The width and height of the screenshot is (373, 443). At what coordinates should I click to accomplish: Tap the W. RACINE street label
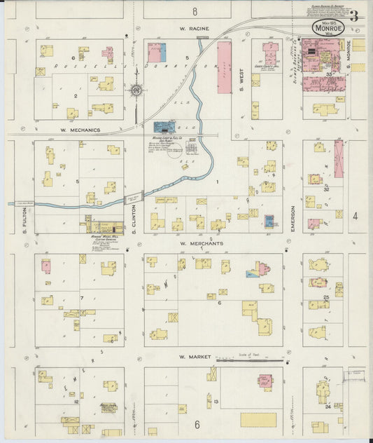coord(194,29)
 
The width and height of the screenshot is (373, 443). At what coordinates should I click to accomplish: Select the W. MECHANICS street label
coord(80,130)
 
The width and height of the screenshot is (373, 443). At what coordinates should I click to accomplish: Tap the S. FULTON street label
coord(24,219)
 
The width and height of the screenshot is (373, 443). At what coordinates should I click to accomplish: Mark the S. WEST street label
coord(242,77)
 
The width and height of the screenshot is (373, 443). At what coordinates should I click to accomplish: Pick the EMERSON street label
coord(293,219)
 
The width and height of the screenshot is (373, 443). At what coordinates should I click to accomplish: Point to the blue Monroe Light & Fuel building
coord(164,127)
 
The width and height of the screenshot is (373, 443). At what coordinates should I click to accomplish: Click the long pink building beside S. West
coord(224,67)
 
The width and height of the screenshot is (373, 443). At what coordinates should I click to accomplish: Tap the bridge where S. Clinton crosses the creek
coord(133,198)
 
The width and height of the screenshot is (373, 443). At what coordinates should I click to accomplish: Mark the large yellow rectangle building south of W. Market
coord(258,419)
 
